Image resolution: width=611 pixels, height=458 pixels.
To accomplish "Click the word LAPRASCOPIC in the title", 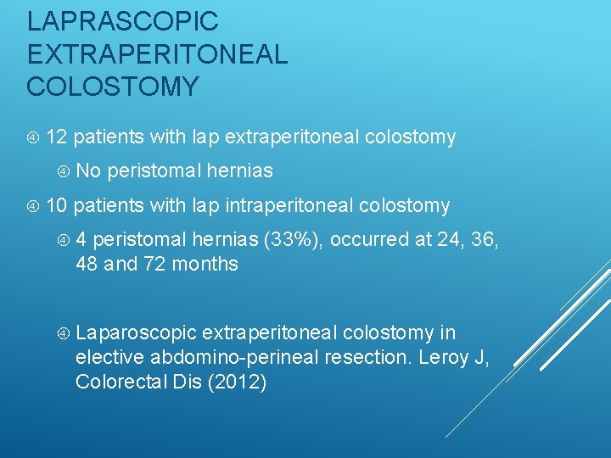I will point(122,20).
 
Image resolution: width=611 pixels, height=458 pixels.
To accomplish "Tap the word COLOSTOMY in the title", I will point(113,87).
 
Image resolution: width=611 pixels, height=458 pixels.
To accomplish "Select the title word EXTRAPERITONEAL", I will point(157,53).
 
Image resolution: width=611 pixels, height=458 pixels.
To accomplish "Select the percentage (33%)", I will point(293,239).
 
